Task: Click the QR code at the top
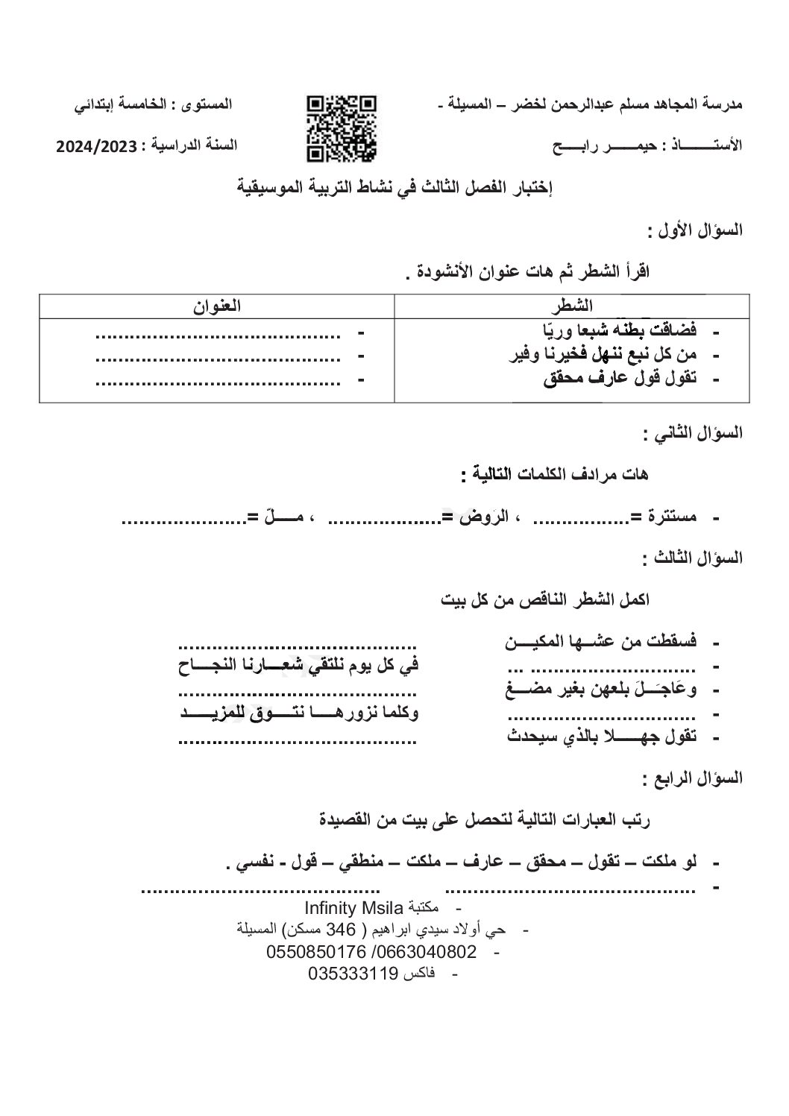341,127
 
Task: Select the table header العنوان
217,306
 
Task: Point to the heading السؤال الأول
695,230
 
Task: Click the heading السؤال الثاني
694,432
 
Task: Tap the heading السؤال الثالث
694,557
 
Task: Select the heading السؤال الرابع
694,778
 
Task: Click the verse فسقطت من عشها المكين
601,641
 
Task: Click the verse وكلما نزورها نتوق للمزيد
301,713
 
